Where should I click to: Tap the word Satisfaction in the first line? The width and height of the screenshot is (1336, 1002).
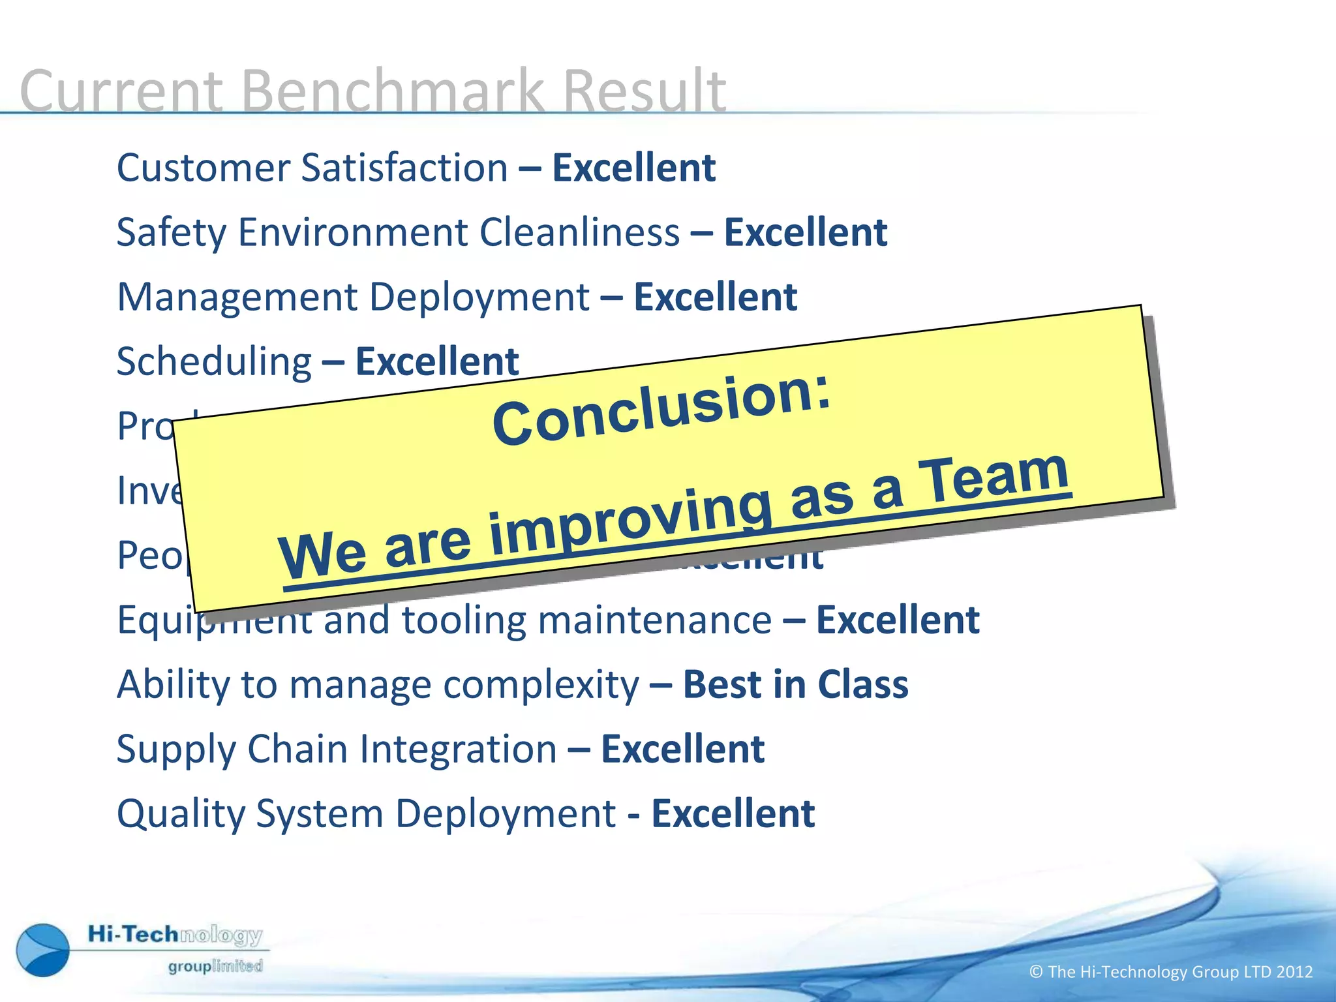[x=404, y=168]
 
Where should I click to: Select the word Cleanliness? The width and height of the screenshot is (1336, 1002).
[x=580, y=232]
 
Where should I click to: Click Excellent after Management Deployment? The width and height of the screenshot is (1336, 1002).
[x=715, y=297]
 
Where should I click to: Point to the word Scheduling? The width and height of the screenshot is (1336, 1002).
[x=214, y=361]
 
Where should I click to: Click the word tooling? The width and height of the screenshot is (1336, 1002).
[x=464, y=620]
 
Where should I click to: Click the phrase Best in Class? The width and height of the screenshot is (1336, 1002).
[x=795, y=685]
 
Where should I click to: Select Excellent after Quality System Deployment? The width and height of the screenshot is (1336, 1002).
[x=733, y=814]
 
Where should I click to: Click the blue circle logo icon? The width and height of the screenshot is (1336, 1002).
[x=43, y=950]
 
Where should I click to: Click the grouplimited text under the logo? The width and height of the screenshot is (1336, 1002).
[x=215, y=966]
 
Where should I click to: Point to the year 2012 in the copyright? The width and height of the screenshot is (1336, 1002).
[x=1294, y=972]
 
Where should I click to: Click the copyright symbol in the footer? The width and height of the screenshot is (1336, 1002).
[x=1036, y=972]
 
